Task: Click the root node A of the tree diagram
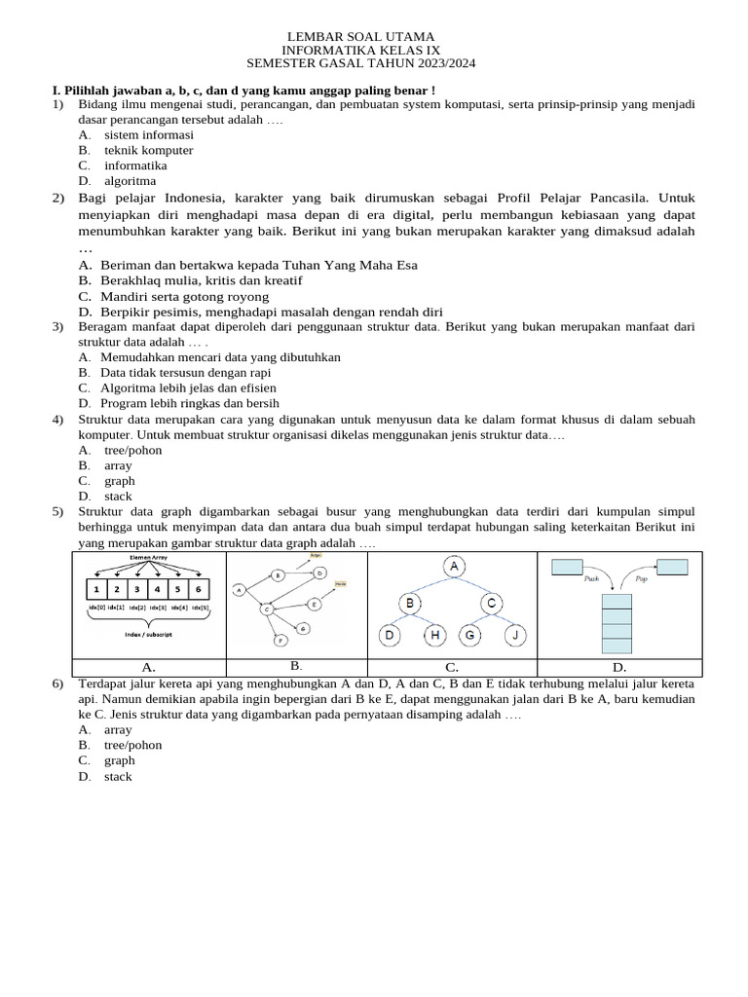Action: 453,567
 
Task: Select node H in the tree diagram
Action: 434,636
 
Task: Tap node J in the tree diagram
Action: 515,636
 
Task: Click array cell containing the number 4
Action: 158,589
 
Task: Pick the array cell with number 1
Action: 96,589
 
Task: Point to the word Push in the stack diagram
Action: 591,578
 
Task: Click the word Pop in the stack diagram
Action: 641,578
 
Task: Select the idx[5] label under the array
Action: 200,607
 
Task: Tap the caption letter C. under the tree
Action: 452,668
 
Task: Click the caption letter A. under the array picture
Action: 149,668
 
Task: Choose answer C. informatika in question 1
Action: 135,166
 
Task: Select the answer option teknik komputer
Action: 148,150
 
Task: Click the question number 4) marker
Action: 58,419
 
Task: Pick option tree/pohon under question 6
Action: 132,745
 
